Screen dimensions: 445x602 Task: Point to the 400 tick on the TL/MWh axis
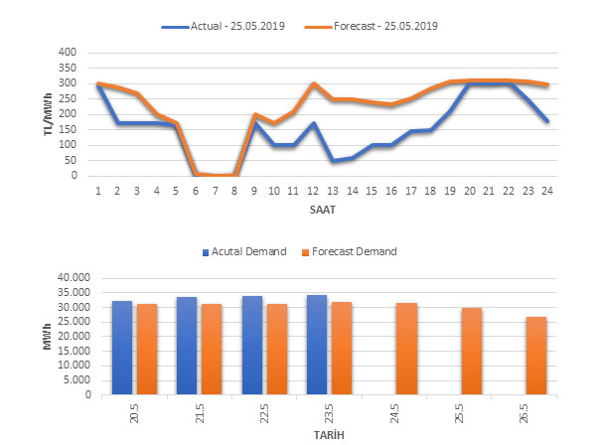[x=69, y=52]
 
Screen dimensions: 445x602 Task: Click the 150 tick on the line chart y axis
[x=69, y=129]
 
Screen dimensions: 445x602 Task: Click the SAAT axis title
[x=321, y=210]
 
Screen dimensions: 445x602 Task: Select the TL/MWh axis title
[x=47, y=113]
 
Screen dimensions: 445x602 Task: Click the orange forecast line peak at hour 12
[x=313, y=83]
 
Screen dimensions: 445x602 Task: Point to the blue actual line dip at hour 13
[x=333, y=160]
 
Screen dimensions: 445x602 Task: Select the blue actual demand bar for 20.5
[x=122, y=348]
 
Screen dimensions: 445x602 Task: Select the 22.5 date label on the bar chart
[x=263, y=411]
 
